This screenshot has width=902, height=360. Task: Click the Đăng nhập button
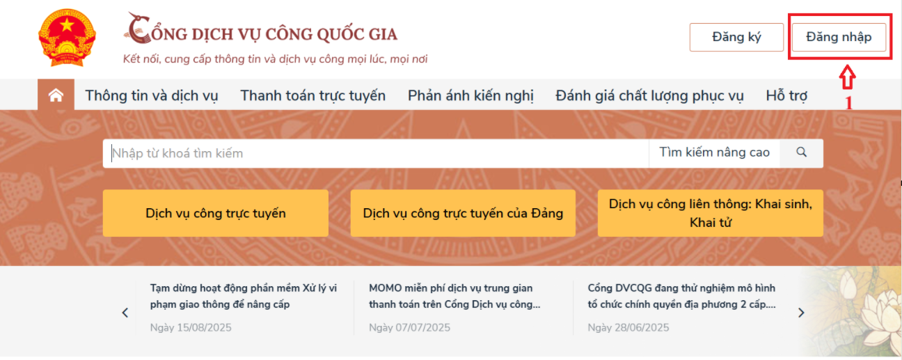coord(839,37)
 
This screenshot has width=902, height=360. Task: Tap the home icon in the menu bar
coord(56,95)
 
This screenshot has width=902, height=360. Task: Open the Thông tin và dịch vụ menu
coord(152,96)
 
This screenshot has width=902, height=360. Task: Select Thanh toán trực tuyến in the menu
coord(313,96)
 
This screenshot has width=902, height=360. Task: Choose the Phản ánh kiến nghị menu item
coord(470,96)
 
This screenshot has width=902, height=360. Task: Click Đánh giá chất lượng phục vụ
coord(649,96)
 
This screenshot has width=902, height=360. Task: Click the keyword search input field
coord(376,153)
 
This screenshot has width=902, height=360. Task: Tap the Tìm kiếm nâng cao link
coord(714,152)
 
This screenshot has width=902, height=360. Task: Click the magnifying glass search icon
coord(801,152)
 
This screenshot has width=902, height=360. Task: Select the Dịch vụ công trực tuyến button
coord(216,213)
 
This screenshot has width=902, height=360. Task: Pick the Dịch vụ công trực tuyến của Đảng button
coord(463,213)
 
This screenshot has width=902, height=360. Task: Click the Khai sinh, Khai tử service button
coord(711,213)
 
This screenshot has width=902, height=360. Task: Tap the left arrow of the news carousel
coord(125,313)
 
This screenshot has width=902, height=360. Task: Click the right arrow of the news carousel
coord(801,313)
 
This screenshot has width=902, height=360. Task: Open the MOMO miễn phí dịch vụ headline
coord(454,297)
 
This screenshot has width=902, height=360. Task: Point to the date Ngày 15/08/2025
coord(191,328)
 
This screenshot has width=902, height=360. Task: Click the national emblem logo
coord(67,38)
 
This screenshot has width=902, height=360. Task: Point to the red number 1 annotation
coord(848,104)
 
